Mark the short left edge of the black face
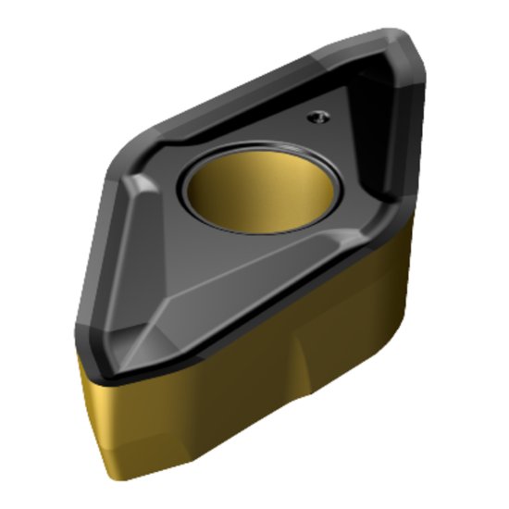[x=93, y=278]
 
